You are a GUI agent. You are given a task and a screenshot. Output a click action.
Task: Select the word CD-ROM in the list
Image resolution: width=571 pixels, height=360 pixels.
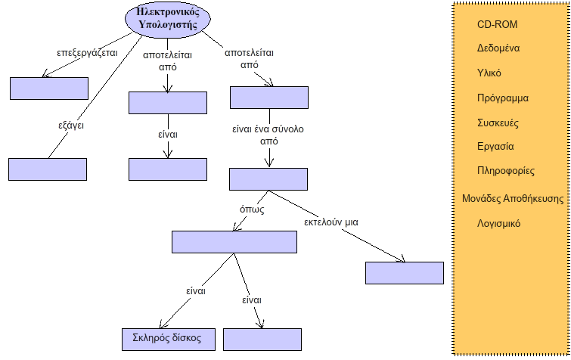pyautogui.click(x=497, y=24)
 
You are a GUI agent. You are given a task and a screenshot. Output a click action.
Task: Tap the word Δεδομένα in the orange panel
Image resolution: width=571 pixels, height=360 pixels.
pyautogui.click(x=498, y=48)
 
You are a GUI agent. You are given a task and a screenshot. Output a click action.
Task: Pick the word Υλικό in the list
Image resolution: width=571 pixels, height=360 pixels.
pyautogui.click(x=489, y=73)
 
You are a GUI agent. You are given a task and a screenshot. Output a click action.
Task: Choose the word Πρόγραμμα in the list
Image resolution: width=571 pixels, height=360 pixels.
pyautogui.click(x=503, y=98)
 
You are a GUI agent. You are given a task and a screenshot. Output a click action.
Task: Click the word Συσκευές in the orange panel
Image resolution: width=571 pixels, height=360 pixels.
pyautogui.click(x=498, y=123)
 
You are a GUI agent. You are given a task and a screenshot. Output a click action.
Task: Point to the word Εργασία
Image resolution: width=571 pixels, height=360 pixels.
pyautogui.click(x=496, y=146)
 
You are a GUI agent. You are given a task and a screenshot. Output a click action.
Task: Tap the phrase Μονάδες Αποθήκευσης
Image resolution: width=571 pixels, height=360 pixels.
pyautogui.click(x=514, y=199)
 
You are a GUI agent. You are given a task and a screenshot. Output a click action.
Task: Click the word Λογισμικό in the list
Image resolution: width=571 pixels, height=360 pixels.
pyautogui.click(x=498, y=224)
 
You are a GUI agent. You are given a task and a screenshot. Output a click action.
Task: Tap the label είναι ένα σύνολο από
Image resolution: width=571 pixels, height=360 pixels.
pyautogui.click(x=268, y=135)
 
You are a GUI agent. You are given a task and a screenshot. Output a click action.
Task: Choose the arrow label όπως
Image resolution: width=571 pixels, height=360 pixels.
pyautogui.click(x=252, y=209)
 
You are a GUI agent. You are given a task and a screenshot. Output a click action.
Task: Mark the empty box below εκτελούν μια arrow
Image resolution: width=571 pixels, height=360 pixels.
pyautogui.click(x=404, y=273)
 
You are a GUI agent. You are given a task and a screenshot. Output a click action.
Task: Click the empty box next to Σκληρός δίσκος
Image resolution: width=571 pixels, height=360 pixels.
pyautogui.click(x=262, y=339)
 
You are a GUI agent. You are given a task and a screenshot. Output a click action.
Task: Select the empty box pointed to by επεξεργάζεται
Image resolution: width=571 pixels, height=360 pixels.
pyautogui.click(x=49, y=88)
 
